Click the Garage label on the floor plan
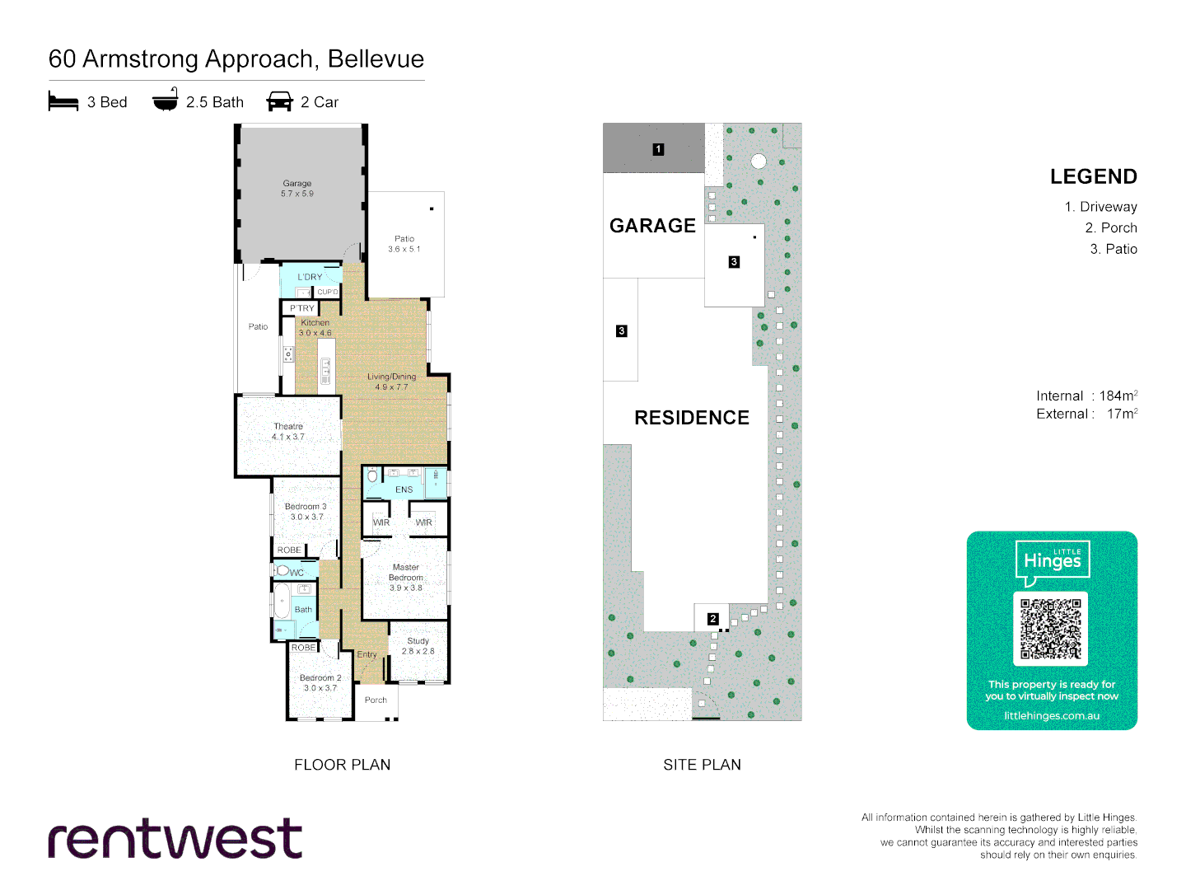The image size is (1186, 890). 297,184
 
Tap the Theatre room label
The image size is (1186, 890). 288,427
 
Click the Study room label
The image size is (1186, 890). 418,641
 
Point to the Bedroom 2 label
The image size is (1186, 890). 320,678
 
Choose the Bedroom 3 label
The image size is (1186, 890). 306,507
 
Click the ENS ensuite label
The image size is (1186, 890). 404,489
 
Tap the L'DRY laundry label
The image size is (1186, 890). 310,277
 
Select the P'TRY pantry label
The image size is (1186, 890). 301,308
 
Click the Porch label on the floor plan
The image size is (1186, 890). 376,700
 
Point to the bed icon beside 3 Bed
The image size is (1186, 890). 63,102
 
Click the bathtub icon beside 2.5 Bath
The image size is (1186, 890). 166,101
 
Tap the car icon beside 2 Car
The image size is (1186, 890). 280,102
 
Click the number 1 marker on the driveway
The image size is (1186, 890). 658,149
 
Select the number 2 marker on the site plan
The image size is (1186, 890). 713,619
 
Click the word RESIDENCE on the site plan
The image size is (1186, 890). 692,418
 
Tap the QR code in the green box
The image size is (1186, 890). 1051,630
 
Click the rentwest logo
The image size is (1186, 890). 175,839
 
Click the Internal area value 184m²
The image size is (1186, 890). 1118,396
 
